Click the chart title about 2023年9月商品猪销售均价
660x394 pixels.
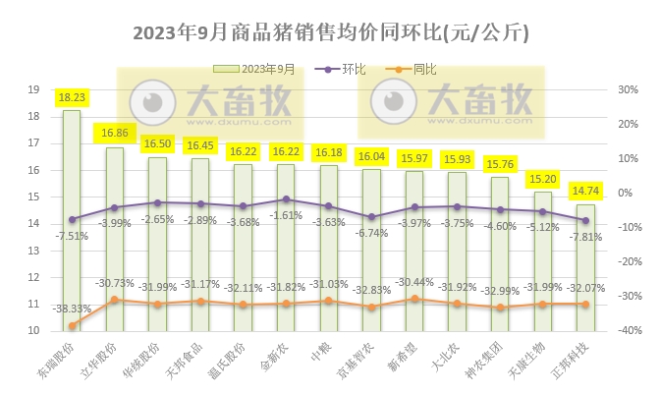(x=330, y=32)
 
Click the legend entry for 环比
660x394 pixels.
(x=343, y=69)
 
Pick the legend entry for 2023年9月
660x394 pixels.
(x=255, y=69)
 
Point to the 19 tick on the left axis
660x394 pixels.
(x=32, y=89)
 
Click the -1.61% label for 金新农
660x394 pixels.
(x=286, y=215)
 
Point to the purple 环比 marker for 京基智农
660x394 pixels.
(x=371, y=217)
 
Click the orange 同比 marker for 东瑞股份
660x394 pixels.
(x=72, y=325)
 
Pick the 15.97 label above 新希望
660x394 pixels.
(x=415, y=157)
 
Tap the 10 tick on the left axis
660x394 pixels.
(x=32, y=331)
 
